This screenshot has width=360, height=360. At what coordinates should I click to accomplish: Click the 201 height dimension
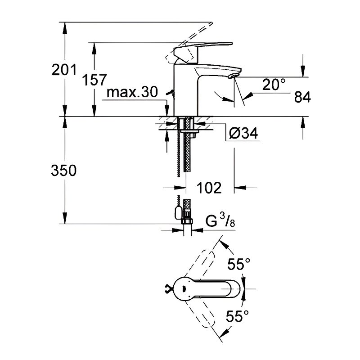(x=64, y=70)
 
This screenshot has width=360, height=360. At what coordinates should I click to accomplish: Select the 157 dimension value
(x=94, y=80)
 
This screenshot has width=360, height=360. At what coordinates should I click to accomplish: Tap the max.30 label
(x=132, y=92)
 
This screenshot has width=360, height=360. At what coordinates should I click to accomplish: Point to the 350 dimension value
(x=63, y=171)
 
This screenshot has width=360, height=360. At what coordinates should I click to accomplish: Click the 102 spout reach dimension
(x=209, y=188)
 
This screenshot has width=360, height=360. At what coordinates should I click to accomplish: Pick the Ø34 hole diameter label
(x=243, y=133)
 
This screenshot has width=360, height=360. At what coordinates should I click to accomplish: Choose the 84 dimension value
(x=302, y=97)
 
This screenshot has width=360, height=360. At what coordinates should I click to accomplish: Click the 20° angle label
(x=274, y=84)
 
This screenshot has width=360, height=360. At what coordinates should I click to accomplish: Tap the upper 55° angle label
(x=239, y=264)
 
